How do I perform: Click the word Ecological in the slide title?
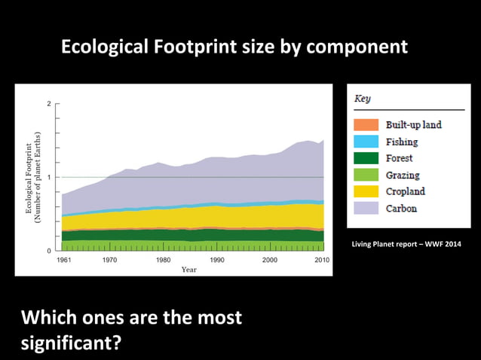click(x=104, y=47)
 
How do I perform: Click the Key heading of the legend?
click(x=363, y=99)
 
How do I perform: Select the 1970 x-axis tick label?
click(x=109, y=260)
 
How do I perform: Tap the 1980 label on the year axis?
click(x=163, y=260)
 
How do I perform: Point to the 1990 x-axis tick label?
click(x=216, y=260)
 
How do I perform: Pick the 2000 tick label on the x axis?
click(x=270, y=260)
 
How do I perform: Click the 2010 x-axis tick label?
click(x=323, y=260)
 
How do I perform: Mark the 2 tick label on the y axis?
click(x=49, y=104)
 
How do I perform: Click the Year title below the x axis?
click(x=189, y=270)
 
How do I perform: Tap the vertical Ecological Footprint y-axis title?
click(x=34, y=177)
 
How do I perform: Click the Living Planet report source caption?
click(x=406, y=243)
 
